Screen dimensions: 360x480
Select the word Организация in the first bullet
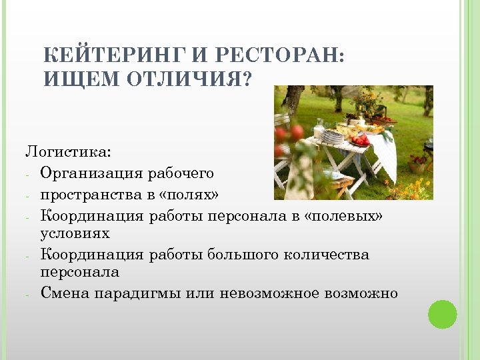pyautogui.click(x=91, y=173)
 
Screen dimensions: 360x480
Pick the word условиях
pyautogui.click(x=75, y=234)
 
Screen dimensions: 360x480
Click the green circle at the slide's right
pyautogui.click(x=442, y=314)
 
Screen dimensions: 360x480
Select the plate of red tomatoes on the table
pyautogui.click(x=361, y=141)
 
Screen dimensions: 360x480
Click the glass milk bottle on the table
pyautogui.click(x=320, y=126)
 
